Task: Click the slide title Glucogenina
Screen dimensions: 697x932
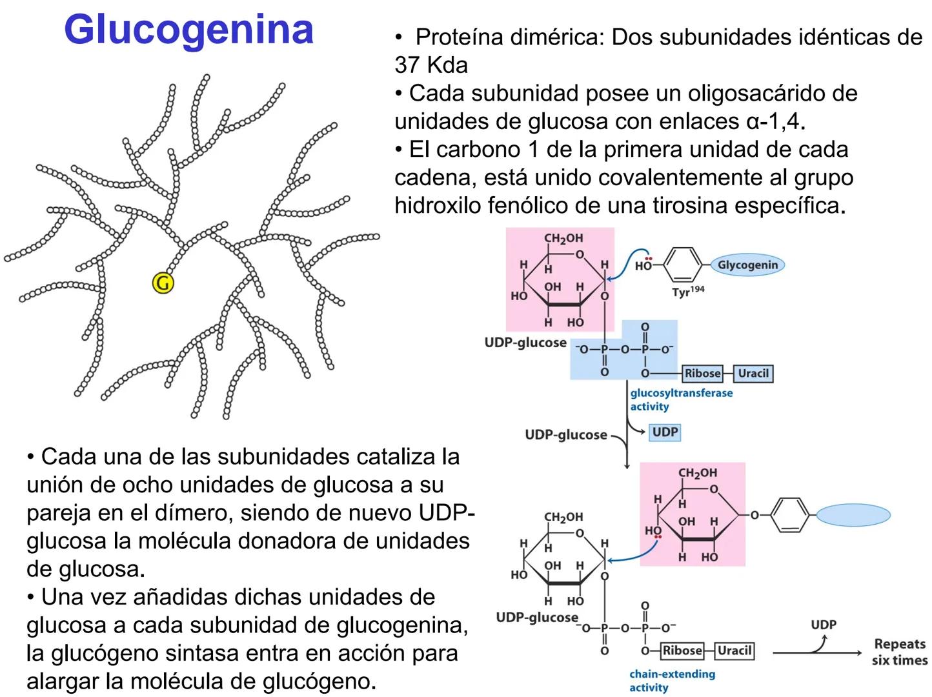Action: pyautogui.click(x=188, y=30)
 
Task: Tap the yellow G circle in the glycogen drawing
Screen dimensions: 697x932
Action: pyautogui.click(x=163, y=283)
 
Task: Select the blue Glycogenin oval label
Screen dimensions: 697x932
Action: pyautogui.click(x=747, y=265)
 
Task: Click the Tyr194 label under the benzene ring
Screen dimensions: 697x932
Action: pyautogui.click(x=688, y=292)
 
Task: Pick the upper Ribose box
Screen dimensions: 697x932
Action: pyautogui.click(x=702, y=373)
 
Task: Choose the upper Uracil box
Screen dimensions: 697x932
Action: pyautogui.click(x=753, y=373)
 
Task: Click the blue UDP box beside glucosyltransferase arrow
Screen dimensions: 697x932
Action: pyautogui.click(x=665, y=432)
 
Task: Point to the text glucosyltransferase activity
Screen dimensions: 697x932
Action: pyautogui.click(x=681, y=399)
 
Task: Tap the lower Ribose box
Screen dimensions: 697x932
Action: pyautogui.click(x=682, y=651)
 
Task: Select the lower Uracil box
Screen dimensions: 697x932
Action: pyautogui.click(x=734, y=651)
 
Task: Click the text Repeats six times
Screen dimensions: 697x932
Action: pyautogui.click(x=899, y=652)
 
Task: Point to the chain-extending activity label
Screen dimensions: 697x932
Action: pyautogui.click(x=672, y=680)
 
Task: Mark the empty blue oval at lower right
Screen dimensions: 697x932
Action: pyautogui.click(x=853, y=515)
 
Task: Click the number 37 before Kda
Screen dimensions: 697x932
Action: pyautogui.click(x=407, y=65)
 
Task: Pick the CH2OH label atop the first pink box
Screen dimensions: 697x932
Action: pyautogui.click(x=563, y=238)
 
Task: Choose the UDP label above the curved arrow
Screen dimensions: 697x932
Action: pyautogui.click(x=823, y=625)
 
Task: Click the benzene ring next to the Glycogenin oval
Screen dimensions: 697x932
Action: pyautogui.click(x=682, y=265)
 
